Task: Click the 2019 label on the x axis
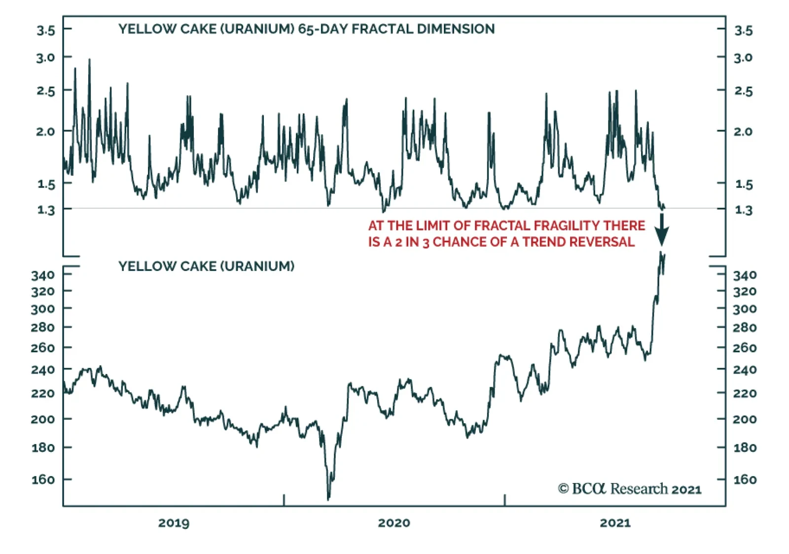point(174,523)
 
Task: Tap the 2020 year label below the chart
point(394,523)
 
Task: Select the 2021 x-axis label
point(615,523)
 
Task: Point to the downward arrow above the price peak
point(661,230)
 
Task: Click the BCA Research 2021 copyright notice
point(630,489)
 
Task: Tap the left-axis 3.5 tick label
point(45,31)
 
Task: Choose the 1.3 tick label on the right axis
point(744,210)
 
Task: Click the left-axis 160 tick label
point(43,480)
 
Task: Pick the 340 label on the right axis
point(745,275)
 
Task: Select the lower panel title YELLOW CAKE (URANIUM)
point(206,266)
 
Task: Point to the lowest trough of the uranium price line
point(328,499)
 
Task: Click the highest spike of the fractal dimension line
point(89,60)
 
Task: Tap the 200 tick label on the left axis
point(43,419)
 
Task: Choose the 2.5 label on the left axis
point(45,91)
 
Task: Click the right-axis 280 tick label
point(745,328)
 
